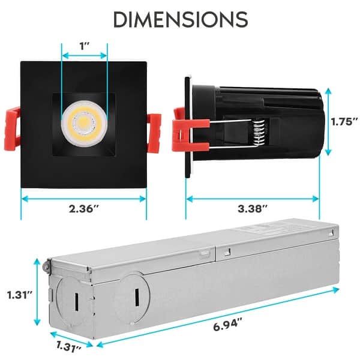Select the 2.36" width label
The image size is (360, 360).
click(x=84, y=209)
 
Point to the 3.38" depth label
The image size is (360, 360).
click(x=252, y=209)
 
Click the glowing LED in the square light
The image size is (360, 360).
click(x=83, y=121)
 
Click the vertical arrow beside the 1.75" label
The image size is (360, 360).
click(x=328, y=120)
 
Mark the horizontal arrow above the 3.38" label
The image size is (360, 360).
click(x=252, y=197)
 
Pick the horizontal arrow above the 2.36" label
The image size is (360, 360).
click(x=84, y=197)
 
